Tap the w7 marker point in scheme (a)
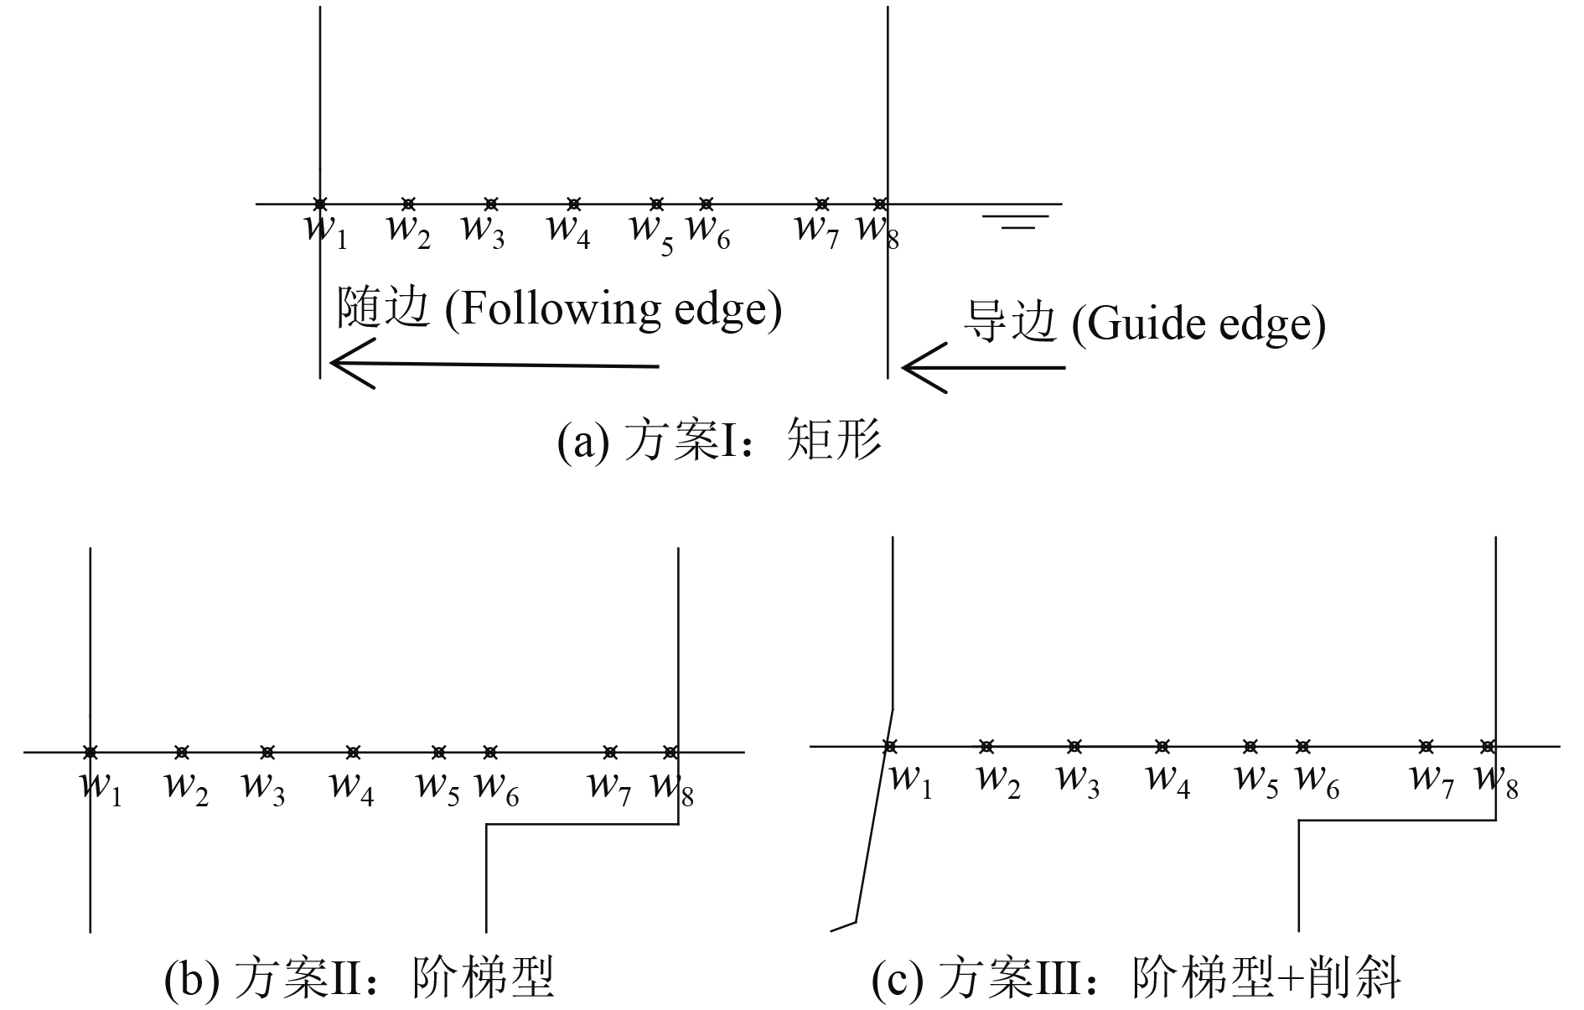click(x=822, y=204)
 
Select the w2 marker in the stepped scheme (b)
click(x=182, y=752)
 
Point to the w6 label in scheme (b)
click(x=496, y=789)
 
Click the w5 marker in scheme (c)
click(x=1250, y=746)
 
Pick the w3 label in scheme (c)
click(x=1079, y=780)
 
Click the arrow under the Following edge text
click(x=494, y=364)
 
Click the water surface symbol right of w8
click(x=1015, y=221)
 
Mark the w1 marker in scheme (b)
click(x=91, y=752)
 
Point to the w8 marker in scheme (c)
click(x=1488, y=746)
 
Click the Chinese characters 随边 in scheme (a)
click(x=383, y=309)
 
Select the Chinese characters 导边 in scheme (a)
click(x=1009, y=323)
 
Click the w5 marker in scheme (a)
click(x=657, y=204)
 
